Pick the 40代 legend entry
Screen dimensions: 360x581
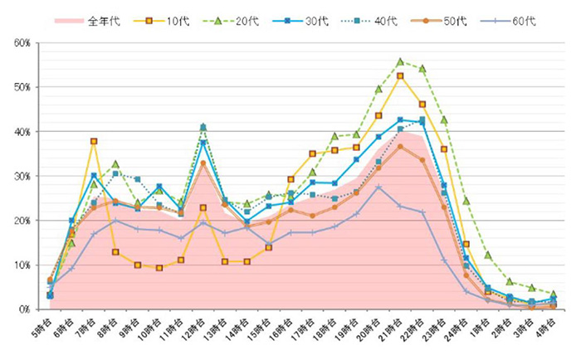pos(387,21)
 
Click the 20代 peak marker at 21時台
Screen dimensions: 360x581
pos(400,61)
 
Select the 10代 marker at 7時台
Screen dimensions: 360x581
pos(94,142)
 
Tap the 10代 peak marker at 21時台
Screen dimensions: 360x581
pos(400,75)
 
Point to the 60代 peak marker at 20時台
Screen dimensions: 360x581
pos(378,187)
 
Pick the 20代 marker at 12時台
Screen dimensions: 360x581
pos(203,127)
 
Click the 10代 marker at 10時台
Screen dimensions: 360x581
pos(159,268)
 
